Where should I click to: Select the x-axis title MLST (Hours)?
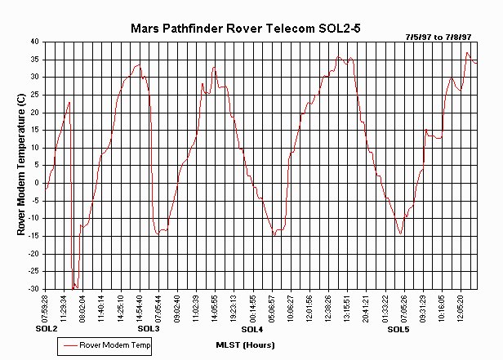(245, 344)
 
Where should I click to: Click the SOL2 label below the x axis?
(47, 329)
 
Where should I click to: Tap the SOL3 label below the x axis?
(149, 329)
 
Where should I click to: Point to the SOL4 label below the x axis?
(251, 329)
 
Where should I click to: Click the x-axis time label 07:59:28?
(46, 308)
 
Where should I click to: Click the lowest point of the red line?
(73, 288)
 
